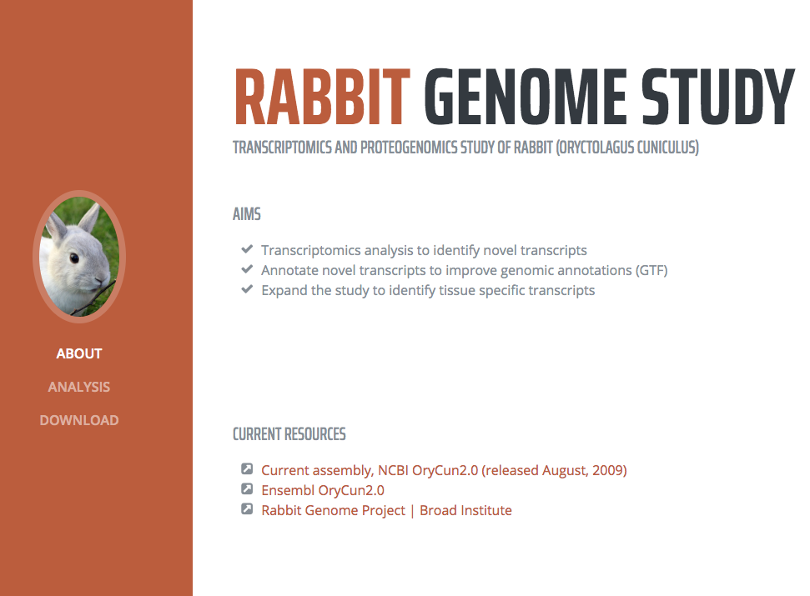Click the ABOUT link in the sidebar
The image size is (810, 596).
[79, 353]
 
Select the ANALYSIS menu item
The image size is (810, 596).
[79, 387]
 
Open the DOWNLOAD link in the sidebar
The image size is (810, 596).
[79, 421]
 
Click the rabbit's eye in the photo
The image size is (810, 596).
[74, 258]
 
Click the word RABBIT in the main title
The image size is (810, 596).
[322, 98]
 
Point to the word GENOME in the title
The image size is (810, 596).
[526, 98]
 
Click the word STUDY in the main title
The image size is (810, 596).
[717, 98]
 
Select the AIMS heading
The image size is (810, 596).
[246, 214]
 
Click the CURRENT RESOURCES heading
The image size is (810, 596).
[289, 434]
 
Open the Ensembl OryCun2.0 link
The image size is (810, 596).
[323, 490]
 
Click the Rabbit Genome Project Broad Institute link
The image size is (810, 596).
[386, 510]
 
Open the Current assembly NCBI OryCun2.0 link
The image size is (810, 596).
[444, 471]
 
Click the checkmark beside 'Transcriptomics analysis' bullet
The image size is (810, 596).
[247, 249]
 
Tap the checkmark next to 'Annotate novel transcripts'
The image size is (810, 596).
[247, 269]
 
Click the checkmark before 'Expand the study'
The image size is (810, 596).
[247, 289]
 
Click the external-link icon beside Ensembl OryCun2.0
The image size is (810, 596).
[247, 488]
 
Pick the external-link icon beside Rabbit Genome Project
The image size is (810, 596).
[247, 508]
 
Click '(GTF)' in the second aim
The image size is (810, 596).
[652, 270]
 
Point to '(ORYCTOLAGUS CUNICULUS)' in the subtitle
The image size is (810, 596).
[627, 148]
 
